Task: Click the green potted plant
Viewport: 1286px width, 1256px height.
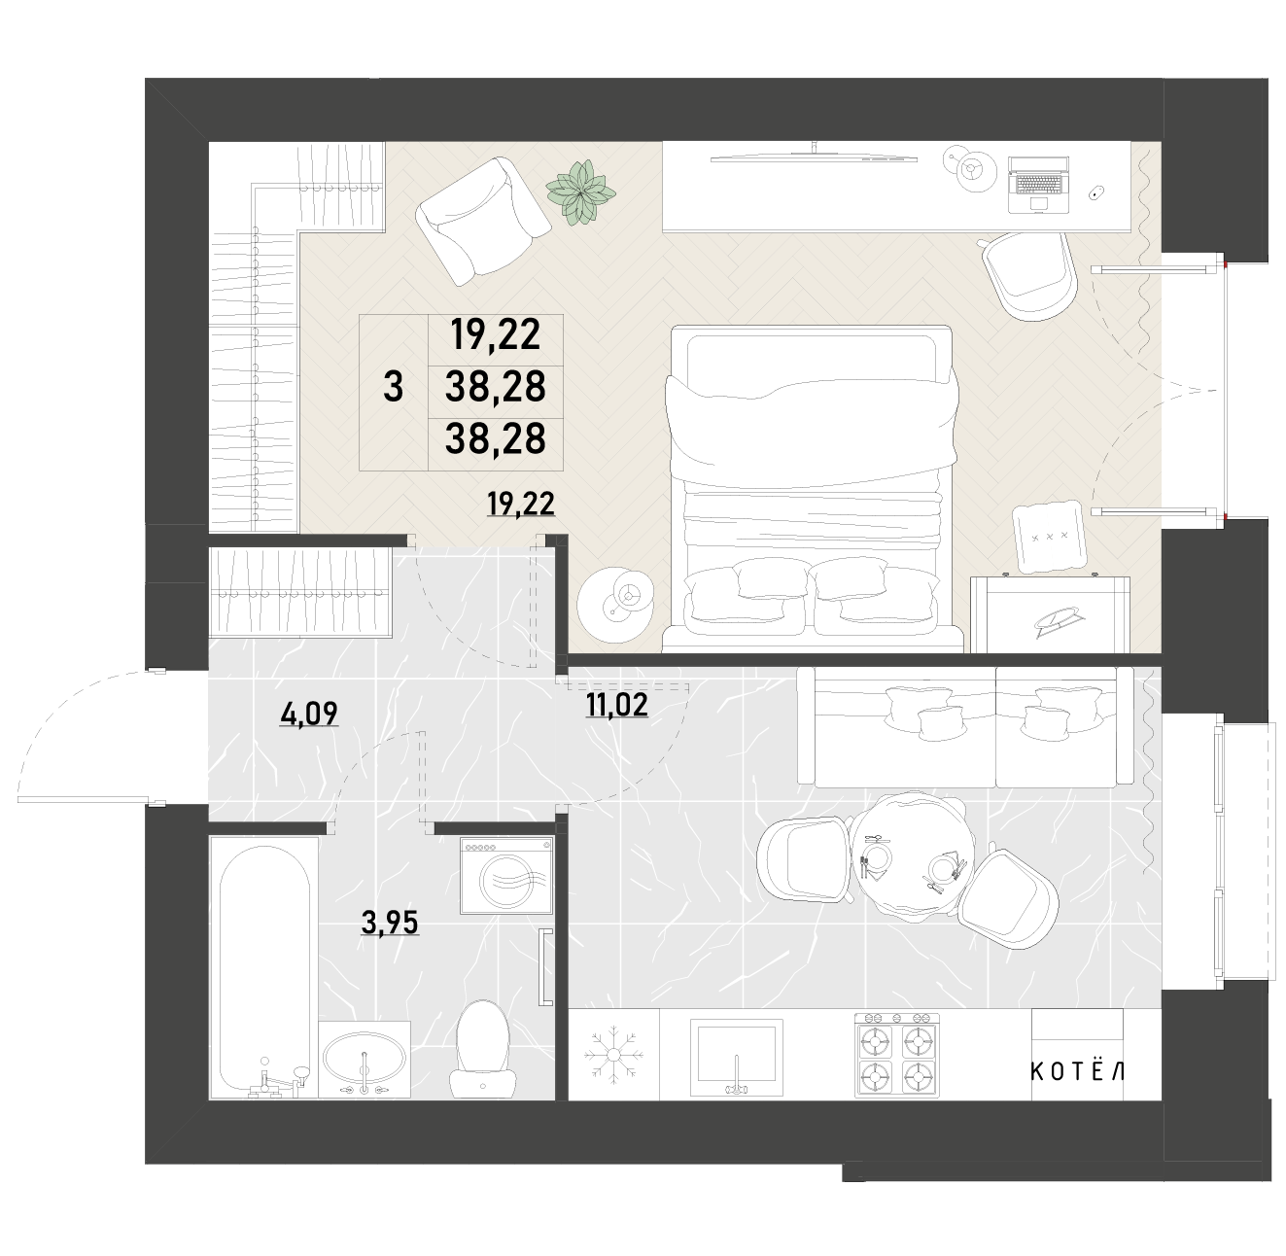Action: click(580, 193)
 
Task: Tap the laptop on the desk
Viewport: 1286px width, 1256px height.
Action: click(1038, 185)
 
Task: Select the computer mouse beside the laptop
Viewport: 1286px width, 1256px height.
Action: click(1096, 193)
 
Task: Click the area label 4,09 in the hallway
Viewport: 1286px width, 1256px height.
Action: click(309, 714)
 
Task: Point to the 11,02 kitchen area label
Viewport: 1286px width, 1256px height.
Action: click(616, 706)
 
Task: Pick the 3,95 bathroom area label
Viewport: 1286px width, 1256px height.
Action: click(390, 923)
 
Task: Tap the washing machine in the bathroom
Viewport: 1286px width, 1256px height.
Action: click(506, 876)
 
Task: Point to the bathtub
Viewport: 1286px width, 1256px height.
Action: click(263, 975)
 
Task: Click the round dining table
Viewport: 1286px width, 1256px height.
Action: click(914, 858)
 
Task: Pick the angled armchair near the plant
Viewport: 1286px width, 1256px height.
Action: click(483, 221)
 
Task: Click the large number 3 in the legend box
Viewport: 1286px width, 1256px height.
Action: click(394, 387)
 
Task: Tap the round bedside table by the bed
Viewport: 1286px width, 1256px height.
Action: click(615, 604)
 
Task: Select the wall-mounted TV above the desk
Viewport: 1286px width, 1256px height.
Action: click(815, 156)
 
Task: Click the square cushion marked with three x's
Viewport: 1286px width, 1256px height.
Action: click(1050, 537)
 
